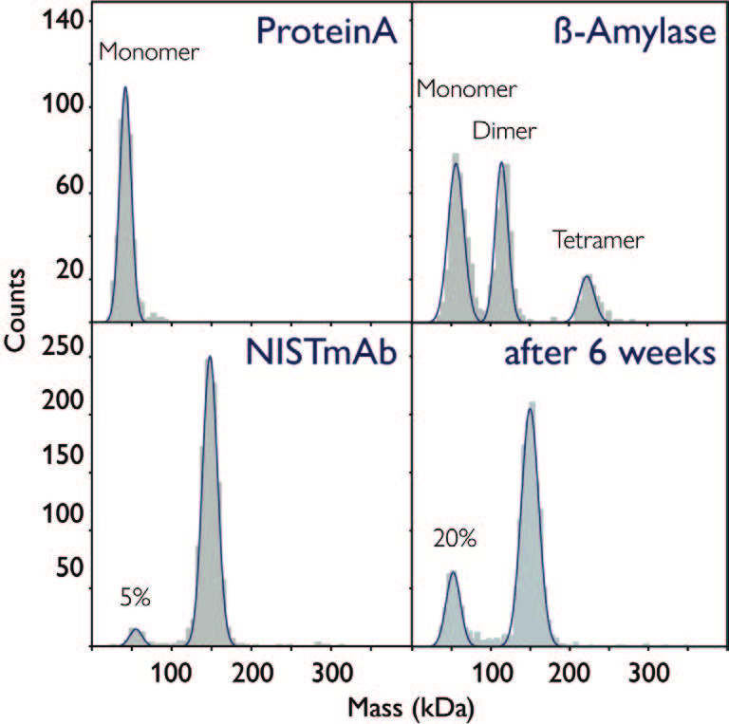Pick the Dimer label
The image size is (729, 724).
click(x=503, y=132)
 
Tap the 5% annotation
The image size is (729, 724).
click(x=136, y=598)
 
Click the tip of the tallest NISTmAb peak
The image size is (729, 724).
click(x=209, y=359)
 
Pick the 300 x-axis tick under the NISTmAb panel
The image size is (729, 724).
click(x=330, y=668)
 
